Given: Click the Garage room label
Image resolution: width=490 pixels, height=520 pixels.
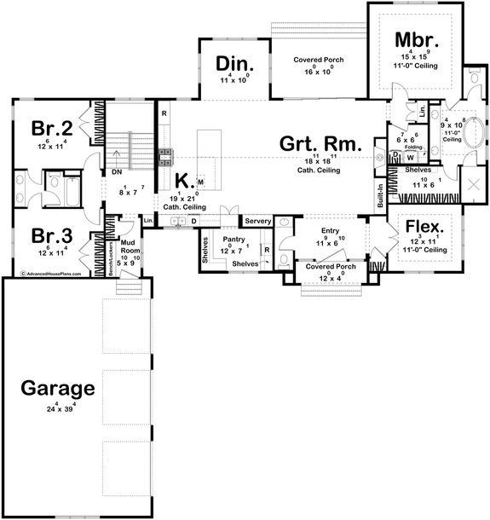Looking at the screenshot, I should click(59, 389).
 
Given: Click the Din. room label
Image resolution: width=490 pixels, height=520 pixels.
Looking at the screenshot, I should click(231, 64).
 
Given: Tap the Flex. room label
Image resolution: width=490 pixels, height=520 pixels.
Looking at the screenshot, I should click(424, 227).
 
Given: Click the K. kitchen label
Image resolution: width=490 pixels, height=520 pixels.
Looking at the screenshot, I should click(183, 180).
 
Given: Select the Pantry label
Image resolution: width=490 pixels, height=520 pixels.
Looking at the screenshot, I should click(232, 241).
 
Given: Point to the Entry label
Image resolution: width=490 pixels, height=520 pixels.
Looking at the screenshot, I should click(331, 231).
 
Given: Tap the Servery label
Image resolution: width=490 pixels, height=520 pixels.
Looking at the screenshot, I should click(257, 222).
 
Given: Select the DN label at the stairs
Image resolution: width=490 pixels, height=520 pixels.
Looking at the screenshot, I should click(116, 171).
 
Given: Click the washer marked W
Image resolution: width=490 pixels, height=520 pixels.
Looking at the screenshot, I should click(410, 157).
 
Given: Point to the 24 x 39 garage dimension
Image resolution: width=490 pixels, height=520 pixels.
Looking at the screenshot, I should click(59, 411).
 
